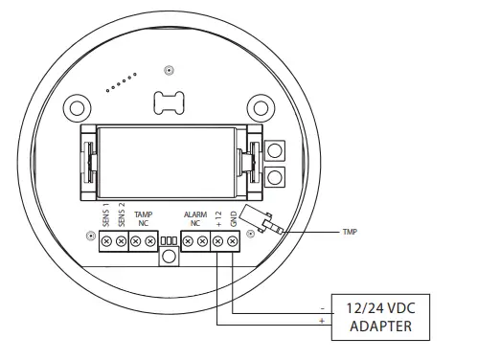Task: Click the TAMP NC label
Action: pyautogui.click(x=143, y=218)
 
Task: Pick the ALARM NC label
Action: pyautogui.click(x=196, y=218)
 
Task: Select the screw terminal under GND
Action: pyautogui.click(x=233, y=243)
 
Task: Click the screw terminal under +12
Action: pyautogui.click(x=218, y=243)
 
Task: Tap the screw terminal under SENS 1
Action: pyautogui.click(x=106, y=243)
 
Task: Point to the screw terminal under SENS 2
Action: pyautogui.click(x=121, y=243)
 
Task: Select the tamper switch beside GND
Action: pyautogui.click(x=261, y=219)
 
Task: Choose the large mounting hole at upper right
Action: pyautogui.click(x=258, y=105)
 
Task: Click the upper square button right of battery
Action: pyautogui.click(x=276, y=150)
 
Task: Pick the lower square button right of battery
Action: pyautogui.click(x=276, y=176)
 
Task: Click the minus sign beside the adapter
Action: pyautogui.click(x=322, y=308)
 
